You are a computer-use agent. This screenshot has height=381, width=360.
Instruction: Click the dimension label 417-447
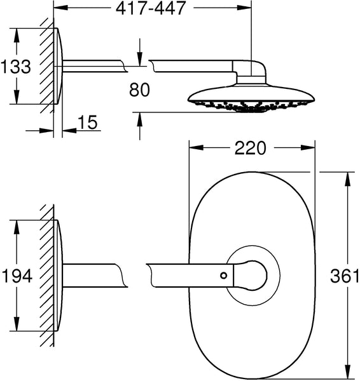tap(151, 8)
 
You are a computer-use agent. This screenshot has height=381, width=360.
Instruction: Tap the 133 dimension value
tap(16, 66)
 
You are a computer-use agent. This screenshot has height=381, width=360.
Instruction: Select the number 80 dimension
tap(139, 90)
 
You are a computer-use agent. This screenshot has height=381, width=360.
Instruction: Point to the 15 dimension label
tap(88, 122)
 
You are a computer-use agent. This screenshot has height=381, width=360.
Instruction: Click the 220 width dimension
tap(251, 148)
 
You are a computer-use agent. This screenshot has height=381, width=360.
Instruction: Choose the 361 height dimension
tap(345, 276)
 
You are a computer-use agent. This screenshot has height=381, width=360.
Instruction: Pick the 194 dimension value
tap(17, 276)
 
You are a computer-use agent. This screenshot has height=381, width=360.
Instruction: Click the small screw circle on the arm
tap(223, 276)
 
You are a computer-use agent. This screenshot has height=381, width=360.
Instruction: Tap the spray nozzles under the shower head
tap(251, 106)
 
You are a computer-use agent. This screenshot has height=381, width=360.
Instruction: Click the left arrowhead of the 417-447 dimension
tap(60, 8)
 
